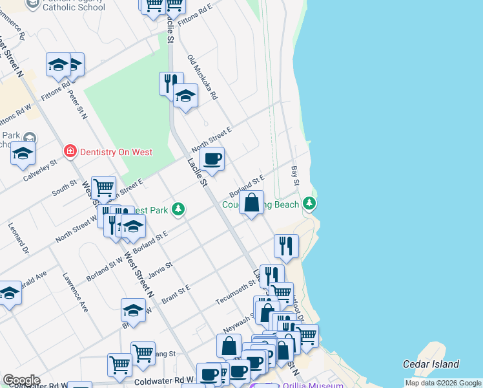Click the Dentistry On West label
[x=116, y=152]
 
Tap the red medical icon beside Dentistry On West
[x=69, y=152]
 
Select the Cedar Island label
[x=431, y=364]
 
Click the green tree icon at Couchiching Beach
[x=311, y=204]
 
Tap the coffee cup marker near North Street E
[x=212, y=158]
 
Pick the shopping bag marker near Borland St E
[x=252, y=202]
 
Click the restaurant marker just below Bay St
[x=285, y=246]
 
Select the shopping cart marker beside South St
[x=103, y=188]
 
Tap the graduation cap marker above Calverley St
[x=23, y=153]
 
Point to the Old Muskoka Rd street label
[x=203, y=77]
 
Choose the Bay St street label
[x=295, y=175]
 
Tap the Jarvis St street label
[x=160, y=269]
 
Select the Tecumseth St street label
[x=235, y=292]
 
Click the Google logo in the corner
[x=21, y=380]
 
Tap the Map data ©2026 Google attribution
[x=442, y=383]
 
